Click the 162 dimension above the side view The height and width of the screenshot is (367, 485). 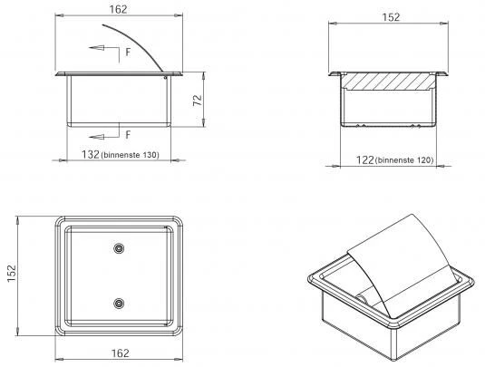118,10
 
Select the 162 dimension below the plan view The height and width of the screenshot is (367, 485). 121,353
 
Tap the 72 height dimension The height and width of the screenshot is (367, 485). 198,101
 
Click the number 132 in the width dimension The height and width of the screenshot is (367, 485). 91,154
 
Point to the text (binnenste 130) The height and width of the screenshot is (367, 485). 130,155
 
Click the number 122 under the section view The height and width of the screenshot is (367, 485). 365,159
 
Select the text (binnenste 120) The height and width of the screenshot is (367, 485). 404,160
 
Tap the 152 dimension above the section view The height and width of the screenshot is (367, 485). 391,17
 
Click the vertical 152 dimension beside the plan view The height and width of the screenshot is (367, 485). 12,274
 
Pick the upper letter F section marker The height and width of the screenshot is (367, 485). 128,53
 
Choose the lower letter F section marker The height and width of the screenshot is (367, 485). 128,135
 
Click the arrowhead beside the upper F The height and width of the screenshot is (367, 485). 96,48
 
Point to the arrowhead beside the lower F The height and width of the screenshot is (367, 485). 96,137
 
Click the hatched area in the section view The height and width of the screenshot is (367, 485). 388,81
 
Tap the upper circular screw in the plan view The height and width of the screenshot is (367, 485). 119,248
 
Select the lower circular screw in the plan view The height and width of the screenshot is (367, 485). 119,304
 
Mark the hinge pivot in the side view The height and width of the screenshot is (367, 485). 166,77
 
